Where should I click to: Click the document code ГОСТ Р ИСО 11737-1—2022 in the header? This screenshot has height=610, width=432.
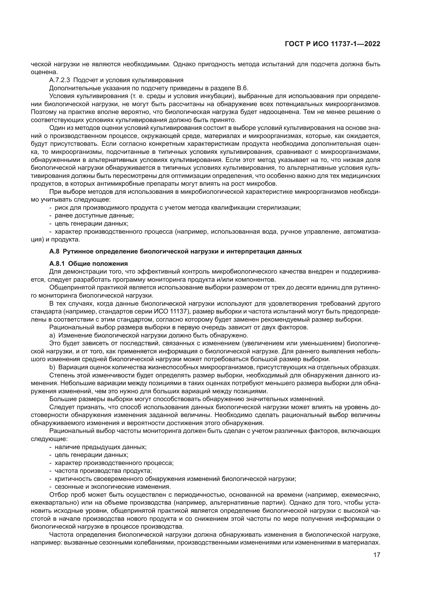coord(332,44)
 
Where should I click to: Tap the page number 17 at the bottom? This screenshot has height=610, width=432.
coord(377,555)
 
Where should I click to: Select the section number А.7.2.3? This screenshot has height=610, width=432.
coord(59,80)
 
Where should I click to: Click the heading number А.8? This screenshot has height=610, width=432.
coord(54,251)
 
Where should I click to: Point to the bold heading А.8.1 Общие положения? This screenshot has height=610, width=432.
coord(88,264)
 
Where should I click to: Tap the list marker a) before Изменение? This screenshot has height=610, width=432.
coord(52,335)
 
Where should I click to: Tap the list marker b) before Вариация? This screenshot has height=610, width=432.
coord(52,367)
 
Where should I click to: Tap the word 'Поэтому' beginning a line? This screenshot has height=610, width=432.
coord(42,112)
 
